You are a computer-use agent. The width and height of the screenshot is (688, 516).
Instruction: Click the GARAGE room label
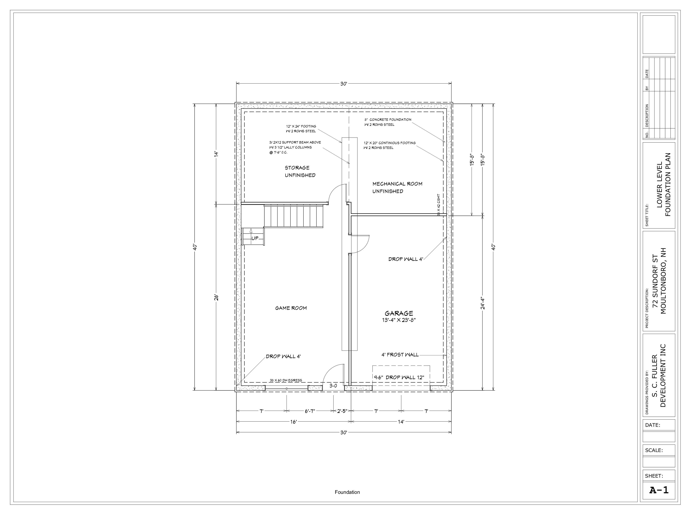[x=399, y=313]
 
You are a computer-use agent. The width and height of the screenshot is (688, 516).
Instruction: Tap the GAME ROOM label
[x=291, y=308]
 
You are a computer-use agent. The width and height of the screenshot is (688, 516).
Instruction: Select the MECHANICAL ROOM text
[x=397, y=184]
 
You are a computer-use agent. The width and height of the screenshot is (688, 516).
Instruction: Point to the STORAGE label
[x=297, y=168]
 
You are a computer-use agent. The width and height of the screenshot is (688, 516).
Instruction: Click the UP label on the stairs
[x=255, y=238]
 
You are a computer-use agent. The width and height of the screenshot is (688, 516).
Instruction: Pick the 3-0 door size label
[x=333, y=386]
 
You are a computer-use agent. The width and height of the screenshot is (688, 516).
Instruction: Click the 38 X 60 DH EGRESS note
[x=286, y=380]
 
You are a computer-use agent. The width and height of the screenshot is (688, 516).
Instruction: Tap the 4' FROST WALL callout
[x=400, y=355]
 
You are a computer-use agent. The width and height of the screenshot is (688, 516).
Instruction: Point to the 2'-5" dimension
[x=342, y=411]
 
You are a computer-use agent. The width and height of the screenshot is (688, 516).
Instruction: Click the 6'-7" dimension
[x=310, y=411]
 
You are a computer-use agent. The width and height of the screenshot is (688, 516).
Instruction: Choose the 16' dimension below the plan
[x=293, y=422]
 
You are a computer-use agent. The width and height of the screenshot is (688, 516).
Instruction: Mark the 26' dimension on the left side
[x=217, y=297]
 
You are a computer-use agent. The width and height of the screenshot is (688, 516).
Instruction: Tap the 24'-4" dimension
[x=483, y=303]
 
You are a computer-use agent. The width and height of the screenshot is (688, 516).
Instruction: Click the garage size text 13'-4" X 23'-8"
[x=399, y=320]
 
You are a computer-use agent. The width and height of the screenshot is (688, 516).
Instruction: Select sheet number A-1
[x=659, y=490]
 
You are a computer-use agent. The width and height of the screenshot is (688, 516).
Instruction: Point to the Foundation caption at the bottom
[x=347, y=492]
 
